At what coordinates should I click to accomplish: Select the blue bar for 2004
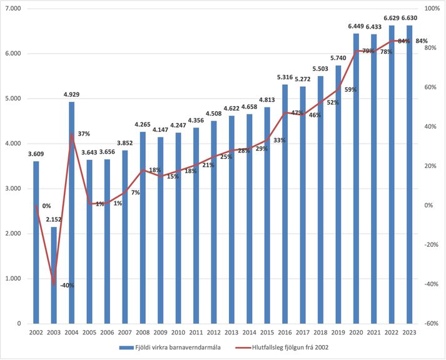click(x=71, y=212)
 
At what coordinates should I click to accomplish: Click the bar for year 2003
click(x=54, y=275)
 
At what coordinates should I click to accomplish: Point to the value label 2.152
click(x=54, y=220)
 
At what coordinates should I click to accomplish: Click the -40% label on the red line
click(x=66, y=285)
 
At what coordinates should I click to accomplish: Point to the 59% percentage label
click(x=350, y=89)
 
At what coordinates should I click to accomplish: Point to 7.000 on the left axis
click(x=13, y=9)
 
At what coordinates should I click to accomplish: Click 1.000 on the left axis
click(x=13, y=279)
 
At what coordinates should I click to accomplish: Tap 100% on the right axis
click(x=432, y=9)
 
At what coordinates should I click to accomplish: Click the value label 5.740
click(x=338, y=58)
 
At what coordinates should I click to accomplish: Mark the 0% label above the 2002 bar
click(x=46, y=206)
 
